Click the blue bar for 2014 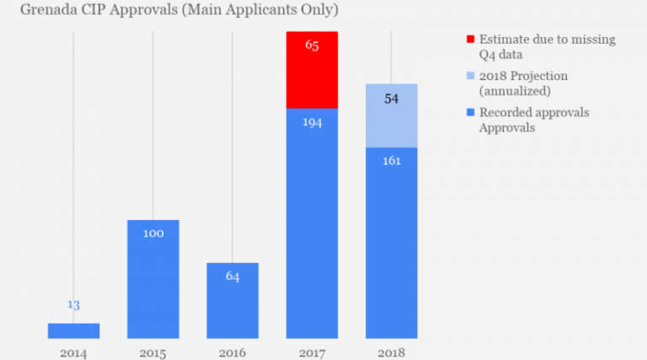coord(73,330)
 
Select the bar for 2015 coord(153,278)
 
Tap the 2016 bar coord(233,300)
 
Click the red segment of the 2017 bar coord(312,70)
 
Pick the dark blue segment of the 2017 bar coord(312,223)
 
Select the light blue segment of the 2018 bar coord(391,116)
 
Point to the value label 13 coord(73,305)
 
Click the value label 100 coord(153,233)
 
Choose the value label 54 coord(391,99)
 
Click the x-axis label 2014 coord(73,352)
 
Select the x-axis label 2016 coord(233,352)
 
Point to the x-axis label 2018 coord(391,352)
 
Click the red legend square coord(470,40)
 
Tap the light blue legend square coord(470,76)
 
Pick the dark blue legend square coord(470,112)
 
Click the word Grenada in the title coord(34,11)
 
